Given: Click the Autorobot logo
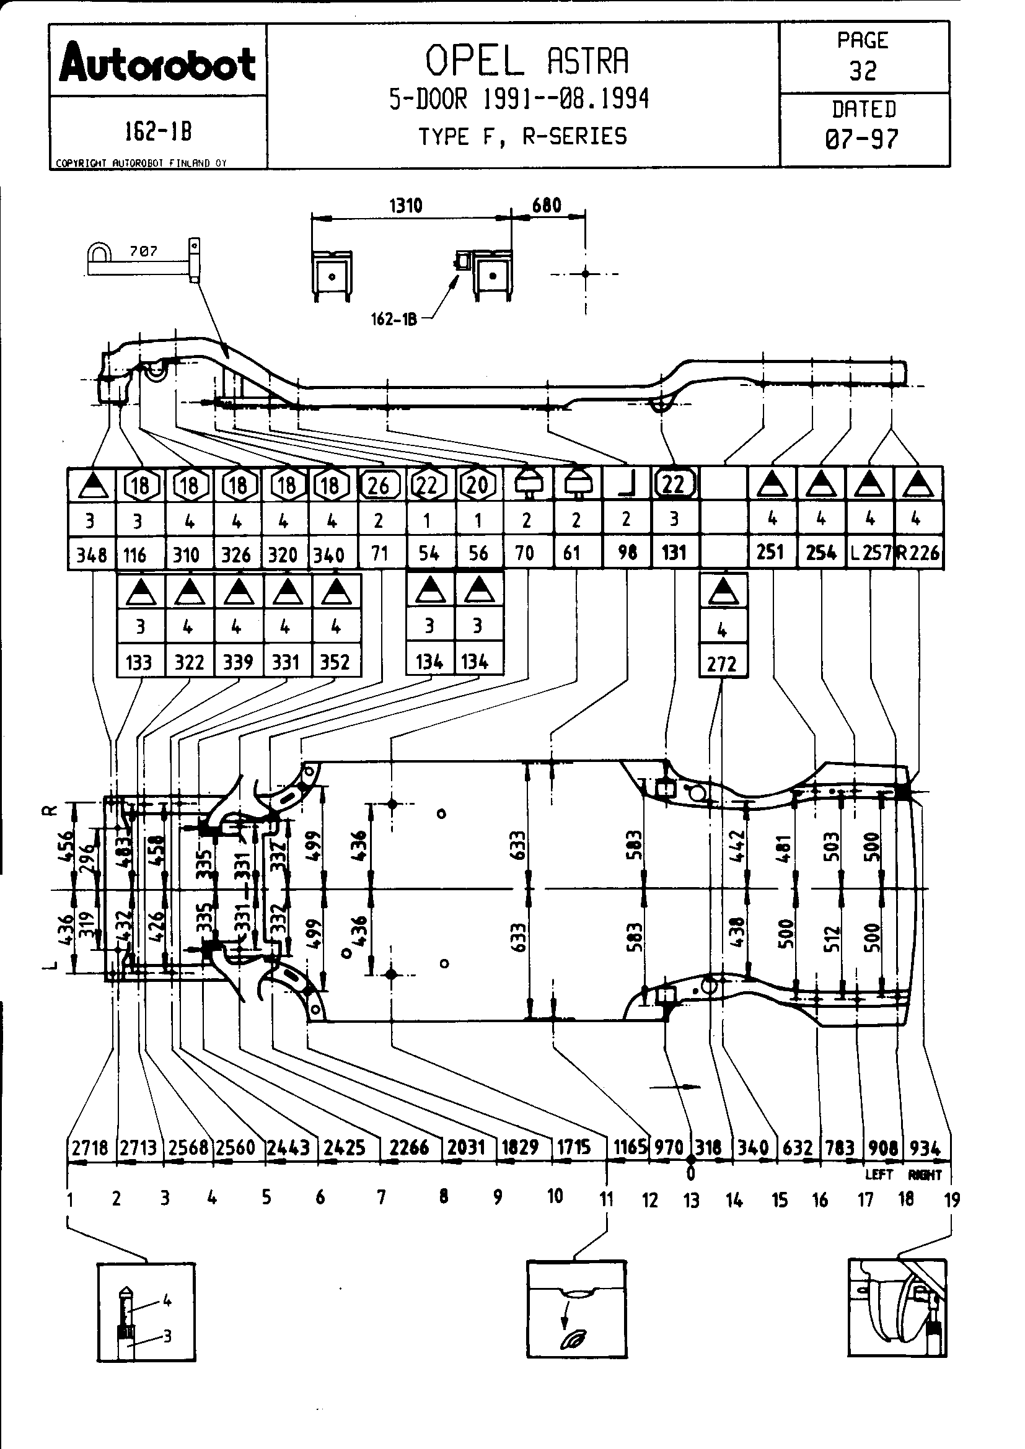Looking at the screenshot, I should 157,64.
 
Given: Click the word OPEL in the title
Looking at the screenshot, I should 474,61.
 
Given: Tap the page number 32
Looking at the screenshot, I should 863,71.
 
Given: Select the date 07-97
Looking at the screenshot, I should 862,138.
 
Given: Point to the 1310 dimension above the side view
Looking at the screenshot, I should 405,206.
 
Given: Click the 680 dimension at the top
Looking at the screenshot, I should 547,206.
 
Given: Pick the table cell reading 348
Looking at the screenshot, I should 92,554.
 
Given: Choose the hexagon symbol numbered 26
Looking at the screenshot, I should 379,484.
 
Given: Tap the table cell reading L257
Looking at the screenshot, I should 870,553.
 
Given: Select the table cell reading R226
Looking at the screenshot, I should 918,553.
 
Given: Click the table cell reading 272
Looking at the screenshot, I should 722,664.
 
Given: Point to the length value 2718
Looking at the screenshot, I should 90,1147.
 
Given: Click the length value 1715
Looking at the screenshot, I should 573,1147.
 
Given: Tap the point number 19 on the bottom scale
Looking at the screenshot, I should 951,1200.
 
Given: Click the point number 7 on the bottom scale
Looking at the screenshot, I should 381,1197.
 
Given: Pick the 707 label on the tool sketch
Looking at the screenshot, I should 143,251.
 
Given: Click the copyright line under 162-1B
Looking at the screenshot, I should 141,163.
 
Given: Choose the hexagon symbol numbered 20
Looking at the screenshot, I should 477,484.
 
